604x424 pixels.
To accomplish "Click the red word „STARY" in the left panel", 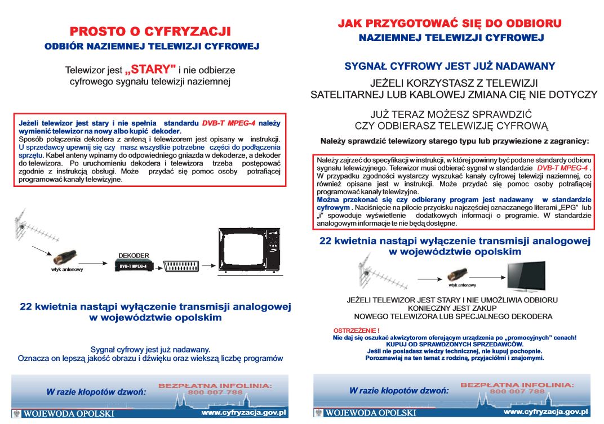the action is [x=150, y=69].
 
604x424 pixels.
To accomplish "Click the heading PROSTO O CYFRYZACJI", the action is [x=150, y=31].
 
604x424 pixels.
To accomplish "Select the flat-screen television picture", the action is [x=526, y=276].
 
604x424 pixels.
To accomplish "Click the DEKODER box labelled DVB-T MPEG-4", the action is [x=134, y=266].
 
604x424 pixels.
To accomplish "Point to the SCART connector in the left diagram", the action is [x=181, y=266].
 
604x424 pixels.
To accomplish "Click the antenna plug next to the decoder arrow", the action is [x=65, y=257].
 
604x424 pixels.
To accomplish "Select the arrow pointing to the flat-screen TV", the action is [x=487, y=277].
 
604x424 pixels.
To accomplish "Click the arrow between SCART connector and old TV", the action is [x=208, y=265].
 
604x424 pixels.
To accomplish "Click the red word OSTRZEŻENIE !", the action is [x=356, y=331].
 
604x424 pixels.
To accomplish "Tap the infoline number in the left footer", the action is [x=215, y=392].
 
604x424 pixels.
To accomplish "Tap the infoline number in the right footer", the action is [x=517, y=391].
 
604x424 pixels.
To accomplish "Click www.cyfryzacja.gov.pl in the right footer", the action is [x=546, y=412].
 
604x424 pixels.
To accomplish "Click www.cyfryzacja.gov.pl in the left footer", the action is [x=244, y=413].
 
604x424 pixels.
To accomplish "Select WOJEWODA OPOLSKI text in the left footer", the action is [x=69, y=414].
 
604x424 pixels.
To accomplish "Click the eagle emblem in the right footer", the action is [x=318, y=413].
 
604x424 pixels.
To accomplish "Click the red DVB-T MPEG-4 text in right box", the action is [x=562, y=168].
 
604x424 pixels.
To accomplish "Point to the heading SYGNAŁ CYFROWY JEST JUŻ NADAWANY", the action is [x=450, y=66].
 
